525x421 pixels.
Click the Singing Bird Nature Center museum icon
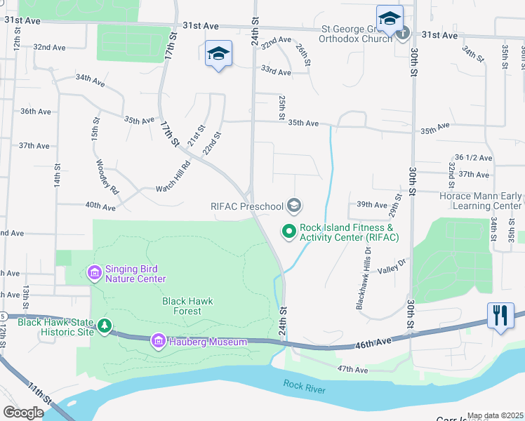coord(93,272)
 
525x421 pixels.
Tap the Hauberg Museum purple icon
coord(159,342)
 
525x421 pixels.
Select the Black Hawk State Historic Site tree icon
coord(105,325)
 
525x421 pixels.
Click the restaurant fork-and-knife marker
coord(500,314)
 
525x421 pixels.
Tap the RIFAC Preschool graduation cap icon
coord(294,206)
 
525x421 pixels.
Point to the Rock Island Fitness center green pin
coord(288,230)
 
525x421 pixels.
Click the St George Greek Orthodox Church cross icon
coord(403,32)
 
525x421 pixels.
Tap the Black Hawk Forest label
coord(187,306)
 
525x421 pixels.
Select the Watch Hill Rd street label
coord(173,179)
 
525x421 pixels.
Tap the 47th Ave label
coord(352,369)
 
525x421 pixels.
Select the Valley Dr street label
coord(392,266)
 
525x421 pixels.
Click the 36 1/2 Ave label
coord(472,158)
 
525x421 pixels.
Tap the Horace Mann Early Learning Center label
coord(480,201)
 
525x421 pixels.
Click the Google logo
coord(23,413)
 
